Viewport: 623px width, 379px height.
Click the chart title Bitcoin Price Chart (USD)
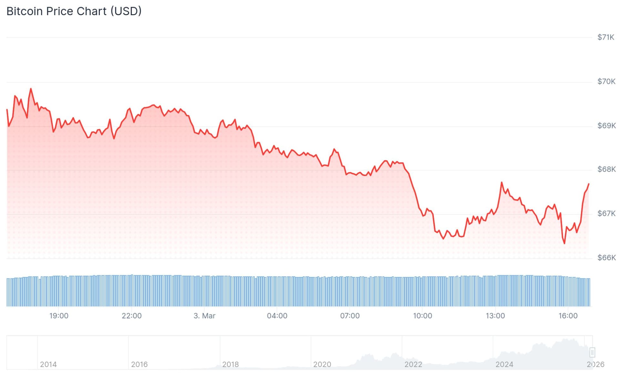tap(74, 11)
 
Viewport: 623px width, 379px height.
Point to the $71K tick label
tap(606, 37)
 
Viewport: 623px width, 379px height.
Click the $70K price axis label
tap(606, 82)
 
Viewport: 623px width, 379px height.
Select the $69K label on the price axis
tap(606, 126)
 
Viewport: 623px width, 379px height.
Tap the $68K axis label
tap(606, 169)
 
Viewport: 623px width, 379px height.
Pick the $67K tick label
tap(606, 214)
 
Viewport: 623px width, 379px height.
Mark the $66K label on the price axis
tap(606, 258)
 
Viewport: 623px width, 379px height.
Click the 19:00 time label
tap(59, 316)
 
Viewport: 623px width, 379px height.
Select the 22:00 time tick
tap(131, 316)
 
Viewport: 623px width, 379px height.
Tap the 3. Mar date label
tap(204, 316)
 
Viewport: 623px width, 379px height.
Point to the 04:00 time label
tap(277, 316)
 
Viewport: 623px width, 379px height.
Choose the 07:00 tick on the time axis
tap(350, 316)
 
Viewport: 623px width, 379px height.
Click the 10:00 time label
tap(422, 316)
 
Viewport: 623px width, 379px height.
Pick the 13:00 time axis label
tap(495, 316)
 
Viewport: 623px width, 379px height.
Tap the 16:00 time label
tap(568, 316)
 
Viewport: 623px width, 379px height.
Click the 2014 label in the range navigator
tap(48, 365)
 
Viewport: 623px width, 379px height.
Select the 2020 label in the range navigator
tap(322, 365)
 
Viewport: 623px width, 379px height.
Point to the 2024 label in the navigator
tap(504, 365)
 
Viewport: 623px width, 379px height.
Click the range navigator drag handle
tap(592, 352)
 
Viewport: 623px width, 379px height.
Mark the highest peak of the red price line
tap(31, 89)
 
